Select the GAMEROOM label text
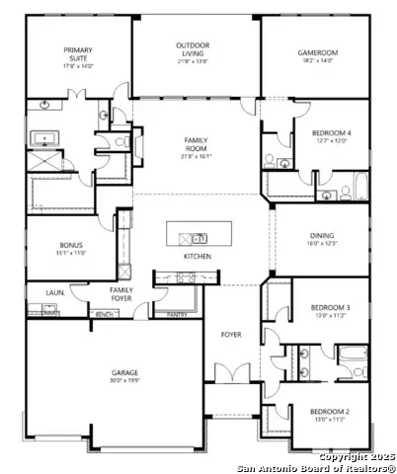tap(319, 53)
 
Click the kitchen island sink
tap(198, 237)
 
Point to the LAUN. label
tap(54, 292)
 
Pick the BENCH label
tap(103, 315)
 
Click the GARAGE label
tap(124, 373)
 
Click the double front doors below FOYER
tap(230, 376)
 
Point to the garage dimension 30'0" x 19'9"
tap(124, 381)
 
